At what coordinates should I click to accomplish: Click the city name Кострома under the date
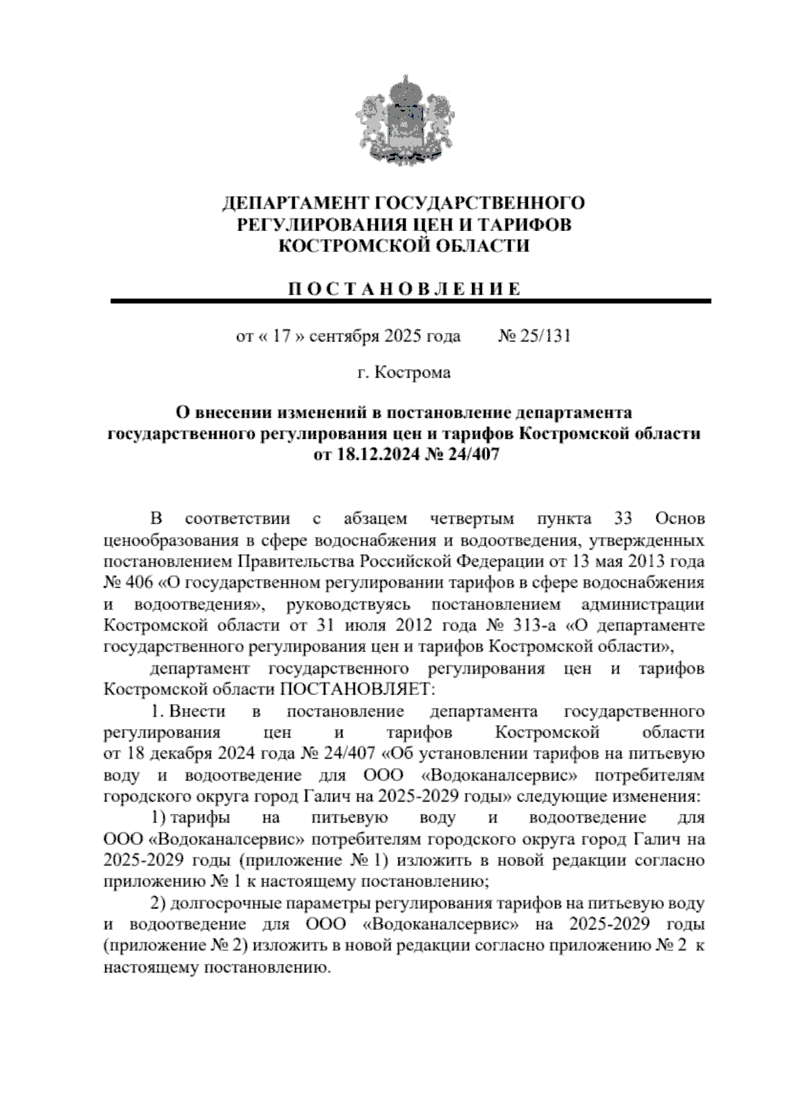click(x=413, y=373)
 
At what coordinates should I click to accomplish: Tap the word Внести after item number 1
click(x=197, y=711)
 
